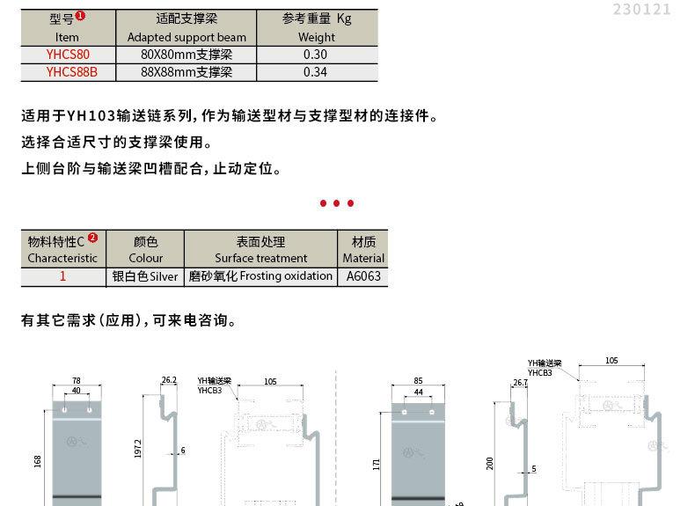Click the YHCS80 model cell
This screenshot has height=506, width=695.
click(x=67, y=55)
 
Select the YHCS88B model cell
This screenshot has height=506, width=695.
click(x=67, y=72)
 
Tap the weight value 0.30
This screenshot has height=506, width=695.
click(x=316, y=55)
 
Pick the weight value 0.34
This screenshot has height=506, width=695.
click(x=316, y=72)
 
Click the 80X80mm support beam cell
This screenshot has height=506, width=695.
click(x=187, y=55)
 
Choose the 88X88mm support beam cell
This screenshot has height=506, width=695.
click(x=187, y=72)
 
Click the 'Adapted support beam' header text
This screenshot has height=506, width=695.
click(x=187, y=37)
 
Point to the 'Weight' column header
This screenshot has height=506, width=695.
click(x=316, y=37)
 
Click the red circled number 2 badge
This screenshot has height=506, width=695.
click(x=93, y=238)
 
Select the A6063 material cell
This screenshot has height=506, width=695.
click(x=363, y=275)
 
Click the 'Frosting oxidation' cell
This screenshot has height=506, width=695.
click(x=260, y=275)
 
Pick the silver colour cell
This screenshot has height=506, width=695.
click(x=145, y=275)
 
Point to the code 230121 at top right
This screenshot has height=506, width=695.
click(x=641, y=10)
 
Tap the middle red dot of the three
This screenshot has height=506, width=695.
click(x=337, y=203)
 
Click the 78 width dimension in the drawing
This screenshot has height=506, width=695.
click(x=76, y=381)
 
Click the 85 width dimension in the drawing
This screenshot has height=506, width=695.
click(x=418, y=381)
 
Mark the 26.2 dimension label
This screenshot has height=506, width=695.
click(x=169, y=380)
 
